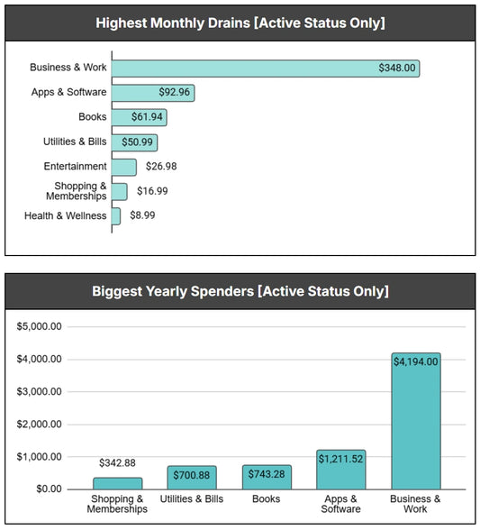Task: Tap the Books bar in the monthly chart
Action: click(x=139, y=117)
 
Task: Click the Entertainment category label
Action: click(x=75, y=167)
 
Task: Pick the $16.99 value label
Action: click(x=152, y=191)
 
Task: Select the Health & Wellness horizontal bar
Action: click(x=115, y=216)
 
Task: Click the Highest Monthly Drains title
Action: click(x=240, y=23)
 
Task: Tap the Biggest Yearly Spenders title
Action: click(x=240, y=291)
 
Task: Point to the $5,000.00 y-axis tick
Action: click(x=39, y=327)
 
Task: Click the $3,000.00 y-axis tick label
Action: click(x=39, y=392)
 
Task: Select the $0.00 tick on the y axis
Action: click(x=46, y=489)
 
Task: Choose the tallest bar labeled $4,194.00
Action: click(x=415, y=421)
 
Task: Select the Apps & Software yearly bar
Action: click(x=341, y=470)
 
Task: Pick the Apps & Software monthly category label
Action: click(x=68, y=93)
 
